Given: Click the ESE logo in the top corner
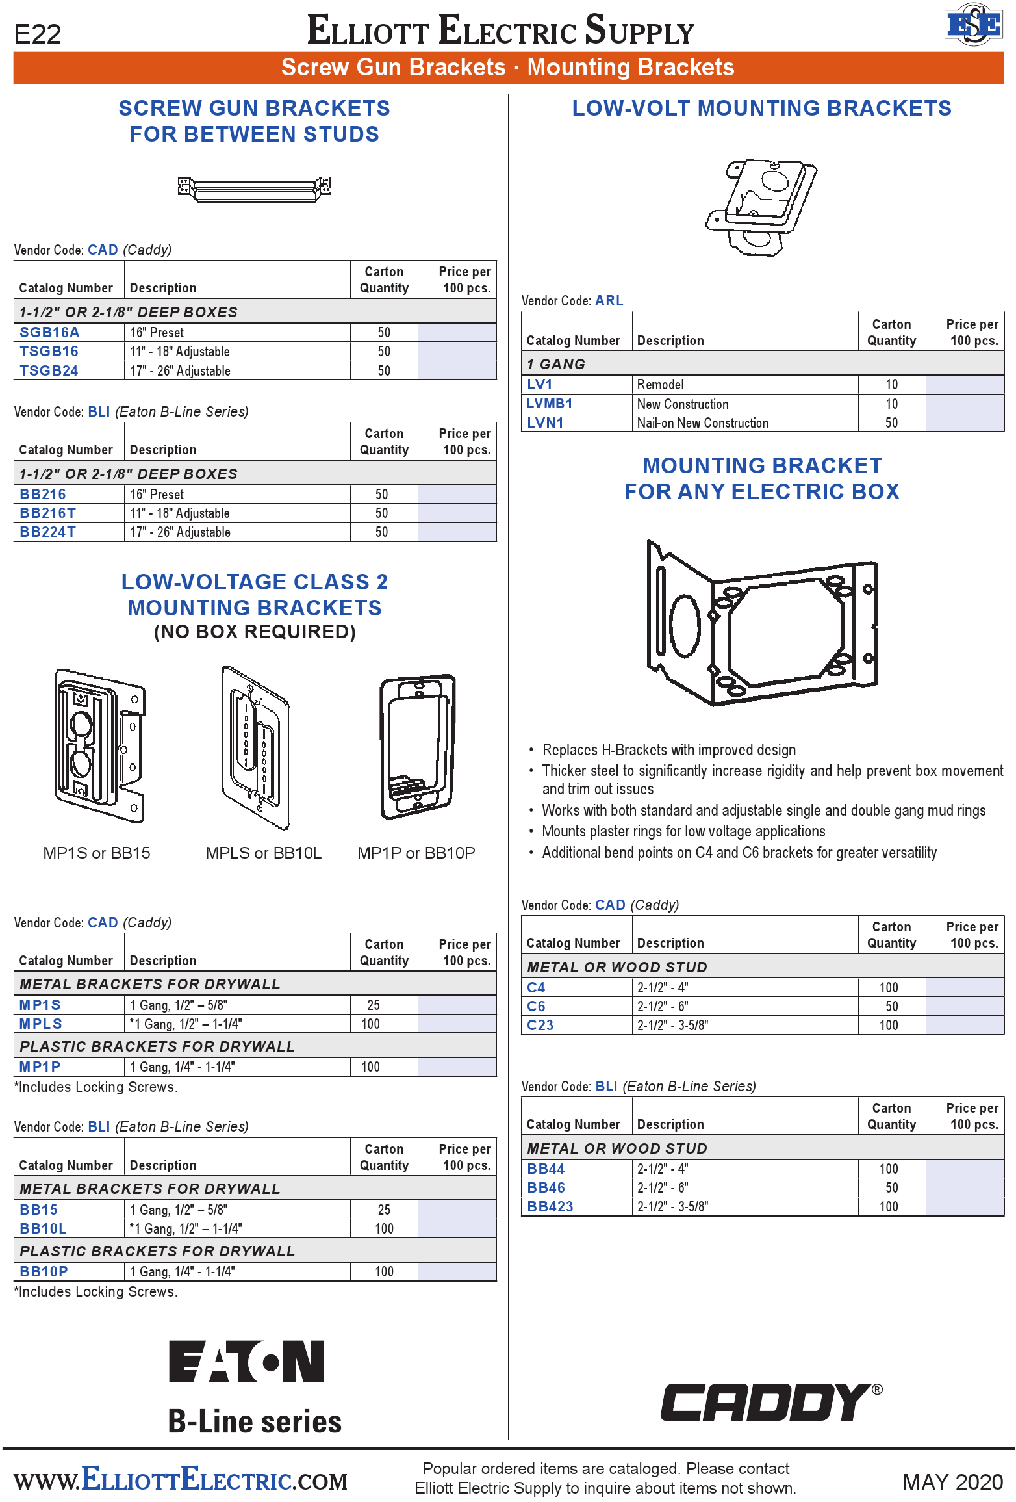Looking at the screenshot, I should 972,25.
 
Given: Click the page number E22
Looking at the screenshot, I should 38,34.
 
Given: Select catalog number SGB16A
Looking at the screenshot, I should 49,333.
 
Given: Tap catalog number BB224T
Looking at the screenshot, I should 47,532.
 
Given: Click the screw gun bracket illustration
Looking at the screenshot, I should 254,188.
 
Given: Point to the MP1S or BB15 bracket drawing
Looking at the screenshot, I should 99,747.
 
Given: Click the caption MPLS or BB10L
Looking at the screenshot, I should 263,853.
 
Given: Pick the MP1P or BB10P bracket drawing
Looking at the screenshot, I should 417,747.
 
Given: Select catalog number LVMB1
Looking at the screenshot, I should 549,404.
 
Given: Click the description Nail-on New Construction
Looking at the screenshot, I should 702,423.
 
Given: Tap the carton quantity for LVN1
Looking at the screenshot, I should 891,423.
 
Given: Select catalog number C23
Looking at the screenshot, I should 540,1026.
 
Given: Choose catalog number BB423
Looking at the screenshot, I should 550,1207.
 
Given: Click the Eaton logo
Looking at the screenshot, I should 246,1361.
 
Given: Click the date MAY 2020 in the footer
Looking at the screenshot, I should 952,1482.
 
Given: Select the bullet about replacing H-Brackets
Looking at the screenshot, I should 668,750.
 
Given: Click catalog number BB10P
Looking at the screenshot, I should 44,1272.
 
